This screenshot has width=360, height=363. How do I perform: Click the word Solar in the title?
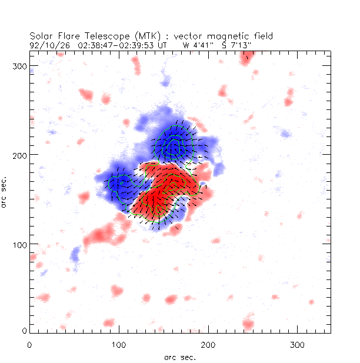[41, 35]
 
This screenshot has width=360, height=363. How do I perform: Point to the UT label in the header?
[162, 44]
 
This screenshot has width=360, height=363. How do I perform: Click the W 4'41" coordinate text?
[194, 44]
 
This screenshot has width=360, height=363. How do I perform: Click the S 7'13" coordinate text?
[226, 44]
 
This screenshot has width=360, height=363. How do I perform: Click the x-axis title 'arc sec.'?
[179, 357]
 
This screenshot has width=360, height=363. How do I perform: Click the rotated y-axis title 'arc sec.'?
[5, 191]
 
